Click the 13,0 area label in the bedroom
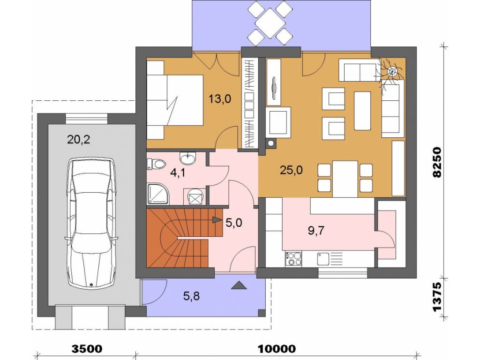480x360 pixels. coord(220,99)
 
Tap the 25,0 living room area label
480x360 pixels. coord(292,170)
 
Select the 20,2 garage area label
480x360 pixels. coord(78,140)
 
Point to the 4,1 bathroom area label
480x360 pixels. coord(178,173)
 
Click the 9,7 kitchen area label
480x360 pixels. coord(315,231)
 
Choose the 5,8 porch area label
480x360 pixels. coord(191,296)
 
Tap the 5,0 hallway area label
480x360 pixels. coord(234,223)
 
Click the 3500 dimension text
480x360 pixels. coord(87,349)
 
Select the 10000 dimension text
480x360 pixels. coord(277,349)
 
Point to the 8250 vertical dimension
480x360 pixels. coord(437,162)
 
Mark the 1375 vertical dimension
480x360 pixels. coord(437,297)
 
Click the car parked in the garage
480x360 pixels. coord(91,223)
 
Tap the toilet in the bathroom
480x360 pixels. coord(157,164)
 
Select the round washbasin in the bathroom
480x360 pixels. coord(187,158)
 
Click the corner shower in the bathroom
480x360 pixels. coord(158,194)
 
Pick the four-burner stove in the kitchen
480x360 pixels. coord(293,259)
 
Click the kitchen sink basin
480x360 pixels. coord(323,259)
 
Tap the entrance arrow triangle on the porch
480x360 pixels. coord(239,285)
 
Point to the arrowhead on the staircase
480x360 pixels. coord(217,219)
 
